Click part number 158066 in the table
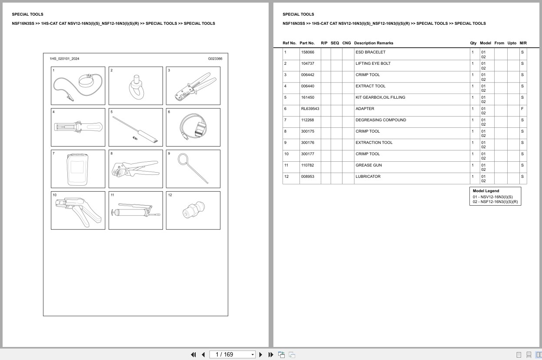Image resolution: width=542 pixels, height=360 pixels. (307, 52)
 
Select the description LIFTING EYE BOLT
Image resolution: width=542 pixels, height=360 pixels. (373, 63)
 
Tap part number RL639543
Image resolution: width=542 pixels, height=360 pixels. (310, 109)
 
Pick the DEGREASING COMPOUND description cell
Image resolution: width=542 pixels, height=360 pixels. (381, 120)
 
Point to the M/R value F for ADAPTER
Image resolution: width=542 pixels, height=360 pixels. (522, 109)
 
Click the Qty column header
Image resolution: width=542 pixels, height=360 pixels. (473, 43)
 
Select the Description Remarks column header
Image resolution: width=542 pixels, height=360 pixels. (373, 43)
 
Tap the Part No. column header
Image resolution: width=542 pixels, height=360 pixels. (307, 43)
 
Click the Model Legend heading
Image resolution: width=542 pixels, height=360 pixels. (485, 191)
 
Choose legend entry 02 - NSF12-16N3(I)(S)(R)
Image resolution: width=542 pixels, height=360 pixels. (495, 202)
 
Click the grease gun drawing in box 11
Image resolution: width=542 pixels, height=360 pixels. (136, 212)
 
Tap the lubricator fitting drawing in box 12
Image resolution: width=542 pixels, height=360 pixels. (193, 211)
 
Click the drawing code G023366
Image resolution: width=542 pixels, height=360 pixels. (215, 58)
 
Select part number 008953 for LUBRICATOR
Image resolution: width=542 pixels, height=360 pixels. (307, 177)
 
